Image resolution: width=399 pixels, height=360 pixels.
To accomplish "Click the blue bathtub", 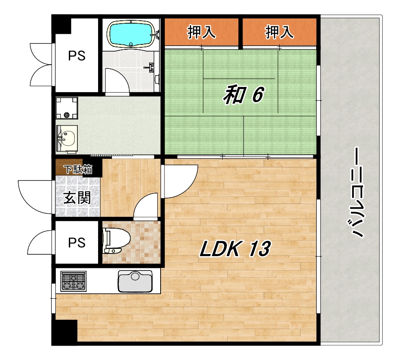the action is coord(131,34).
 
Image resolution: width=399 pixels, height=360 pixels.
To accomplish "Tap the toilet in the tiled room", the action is coord(116,240).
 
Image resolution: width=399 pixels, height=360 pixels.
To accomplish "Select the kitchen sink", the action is coord(135,281).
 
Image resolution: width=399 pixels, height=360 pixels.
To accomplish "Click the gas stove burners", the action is coord(73,281).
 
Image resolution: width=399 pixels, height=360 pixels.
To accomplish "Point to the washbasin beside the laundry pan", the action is coord(67,139).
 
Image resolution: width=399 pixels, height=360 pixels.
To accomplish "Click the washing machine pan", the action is coord(67,108).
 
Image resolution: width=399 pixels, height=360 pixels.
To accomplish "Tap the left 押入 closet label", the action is coord(202,32).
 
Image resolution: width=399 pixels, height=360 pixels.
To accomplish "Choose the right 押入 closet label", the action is coord(279,32).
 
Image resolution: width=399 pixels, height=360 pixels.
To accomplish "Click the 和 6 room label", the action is coord(243,95).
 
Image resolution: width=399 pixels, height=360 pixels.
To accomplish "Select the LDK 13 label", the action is coord(235,249).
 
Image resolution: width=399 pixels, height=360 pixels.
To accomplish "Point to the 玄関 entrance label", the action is coord(77,198).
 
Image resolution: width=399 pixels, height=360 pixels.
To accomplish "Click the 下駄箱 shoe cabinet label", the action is coord(78,169).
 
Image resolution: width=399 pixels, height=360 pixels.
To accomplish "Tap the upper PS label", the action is coord(77,56).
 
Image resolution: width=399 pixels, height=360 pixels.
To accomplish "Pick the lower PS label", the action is coord(77,243).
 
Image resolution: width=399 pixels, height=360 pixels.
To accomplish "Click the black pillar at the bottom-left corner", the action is coord(64,332).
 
